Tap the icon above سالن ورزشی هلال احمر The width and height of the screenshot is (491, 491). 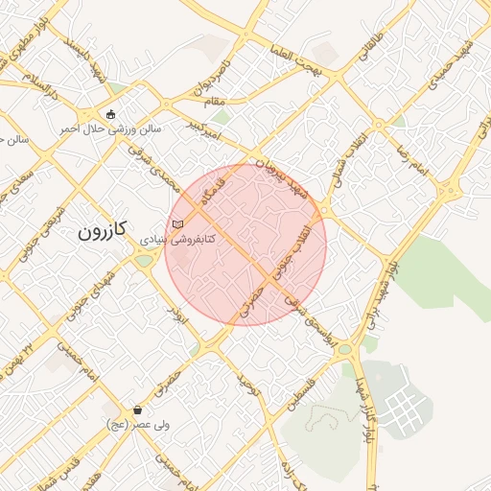111,114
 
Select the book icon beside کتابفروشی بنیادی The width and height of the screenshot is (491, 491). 175,223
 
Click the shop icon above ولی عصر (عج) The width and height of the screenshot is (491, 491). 138,409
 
